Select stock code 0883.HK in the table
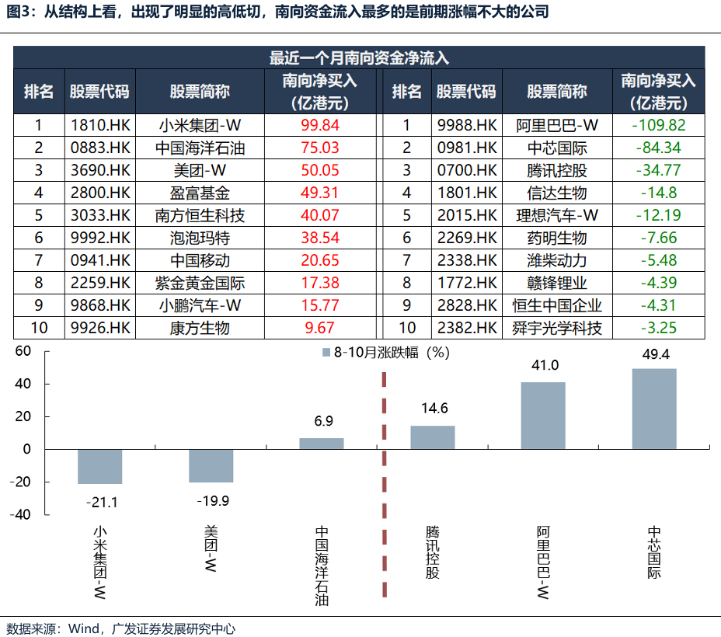99,148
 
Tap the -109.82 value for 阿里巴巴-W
658,125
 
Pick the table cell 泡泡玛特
200,238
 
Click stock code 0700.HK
466,170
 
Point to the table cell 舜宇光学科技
557,328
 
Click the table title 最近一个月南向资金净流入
360,58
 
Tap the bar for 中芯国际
654,409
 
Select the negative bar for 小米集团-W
100,466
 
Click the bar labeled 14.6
433,437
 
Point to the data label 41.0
543,366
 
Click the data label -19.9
211,501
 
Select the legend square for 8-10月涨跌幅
326,353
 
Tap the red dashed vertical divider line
384,482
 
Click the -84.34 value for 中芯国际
658,148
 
